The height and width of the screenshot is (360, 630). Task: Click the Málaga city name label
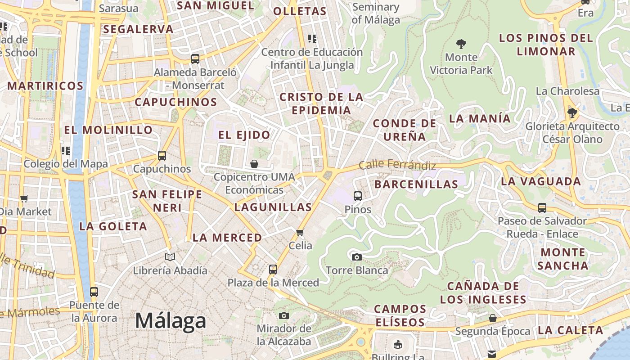click(171, 321)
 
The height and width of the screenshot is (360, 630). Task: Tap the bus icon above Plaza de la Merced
click(273, 270)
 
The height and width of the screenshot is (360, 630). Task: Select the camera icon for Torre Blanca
click(356, 257)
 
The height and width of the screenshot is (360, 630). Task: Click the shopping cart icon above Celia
click(300, 233)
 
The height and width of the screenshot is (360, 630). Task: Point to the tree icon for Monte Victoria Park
click(461, 44)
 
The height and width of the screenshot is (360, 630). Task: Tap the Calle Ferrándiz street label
click(397, 165)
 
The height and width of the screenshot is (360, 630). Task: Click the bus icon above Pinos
click(358, 196)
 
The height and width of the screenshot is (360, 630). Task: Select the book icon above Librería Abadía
click(170, 257)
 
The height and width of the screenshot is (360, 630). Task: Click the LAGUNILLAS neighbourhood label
click(273, 207)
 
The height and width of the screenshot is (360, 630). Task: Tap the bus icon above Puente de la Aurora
click(94, 292)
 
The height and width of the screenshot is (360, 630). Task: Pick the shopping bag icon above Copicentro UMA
click(254, 164)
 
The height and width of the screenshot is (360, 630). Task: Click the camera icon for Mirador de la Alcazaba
click(283, 316)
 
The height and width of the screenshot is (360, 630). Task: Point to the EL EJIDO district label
click(244, 135)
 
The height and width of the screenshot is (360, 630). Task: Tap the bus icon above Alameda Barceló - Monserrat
click(195, 59)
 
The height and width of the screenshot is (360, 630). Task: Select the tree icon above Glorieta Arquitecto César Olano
click(572, 112)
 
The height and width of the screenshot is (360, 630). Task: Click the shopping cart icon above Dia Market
click(24, 198)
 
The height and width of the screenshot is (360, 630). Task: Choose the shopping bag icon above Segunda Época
click(493, 319)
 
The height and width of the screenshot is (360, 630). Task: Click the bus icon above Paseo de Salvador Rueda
click(542, 208)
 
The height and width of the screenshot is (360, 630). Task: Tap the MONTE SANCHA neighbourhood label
click(562, 259)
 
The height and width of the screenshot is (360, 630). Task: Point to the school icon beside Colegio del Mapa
click(66, 150)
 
